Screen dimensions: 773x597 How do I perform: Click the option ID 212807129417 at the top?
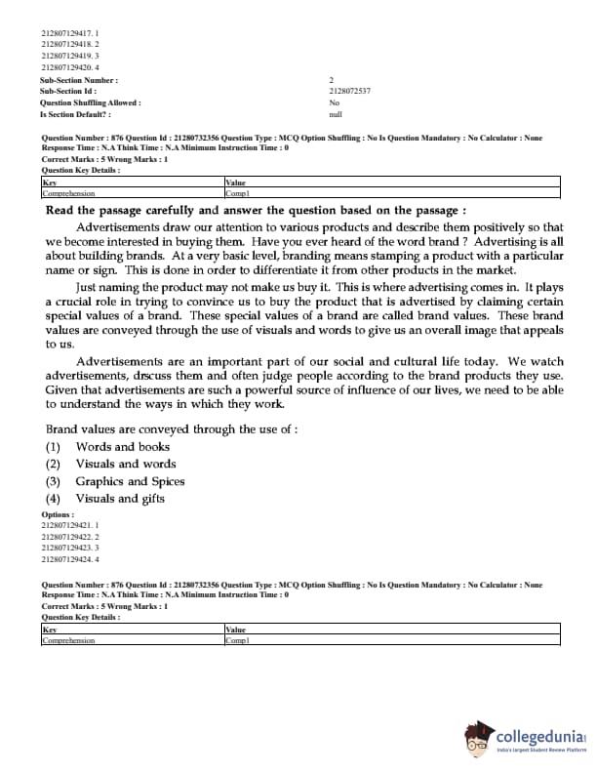[69, 32]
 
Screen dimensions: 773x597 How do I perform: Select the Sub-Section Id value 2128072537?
[350, 91]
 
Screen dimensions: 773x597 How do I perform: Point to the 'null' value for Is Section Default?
[336, 114]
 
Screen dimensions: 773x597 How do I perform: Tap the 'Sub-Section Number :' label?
[79, 79]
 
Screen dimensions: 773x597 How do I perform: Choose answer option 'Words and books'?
[122, 447]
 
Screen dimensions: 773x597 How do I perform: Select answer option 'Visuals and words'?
[126, 464]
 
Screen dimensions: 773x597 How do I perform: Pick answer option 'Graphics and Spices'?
[130, 481]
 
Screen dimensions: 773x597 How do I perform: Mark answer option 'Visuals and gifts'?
[120, 499]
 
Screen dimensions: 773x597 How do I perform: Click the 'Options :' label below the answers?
[58, 514]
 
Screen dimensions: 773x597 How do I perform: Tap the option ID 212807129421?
[69, 525]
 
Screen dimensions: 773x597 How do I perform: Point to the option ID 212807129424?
[69, 560]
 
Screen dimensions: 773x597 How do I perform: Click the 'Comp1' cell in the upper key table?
[238, 193]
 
